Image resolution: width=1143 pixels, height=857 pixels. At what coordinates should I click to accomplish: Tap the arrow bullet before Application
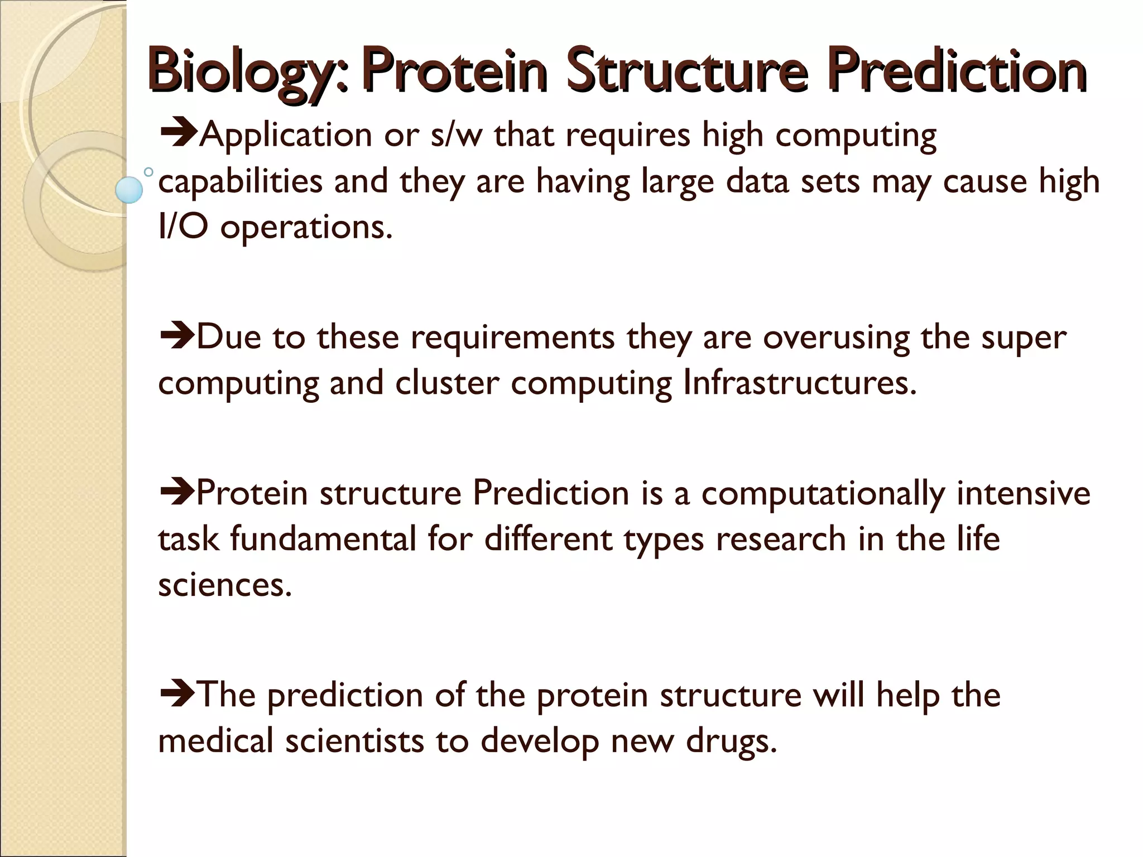[177, 134]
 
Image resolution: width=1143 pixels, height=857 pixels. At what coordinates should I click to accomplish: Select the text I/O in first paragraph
[183, 227]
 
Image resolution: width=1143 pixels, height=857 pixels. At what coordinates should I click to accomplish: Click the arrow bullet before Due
[176, 336]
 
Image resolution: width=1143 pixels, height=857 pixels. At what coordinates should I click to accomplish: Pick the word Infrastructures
[800, 383]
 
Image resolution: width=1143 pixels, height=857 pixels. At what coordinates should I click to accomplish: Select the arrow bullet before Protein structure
[176, 493]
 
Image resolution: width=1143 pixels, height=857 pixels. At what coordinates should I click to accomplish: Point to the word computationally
[823, 494]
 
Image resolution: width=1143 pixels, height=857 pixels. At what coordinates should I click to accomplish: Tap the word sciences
[224, 585]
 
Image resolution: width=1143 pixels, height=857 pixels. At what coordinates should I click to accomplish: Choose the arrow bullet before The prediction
[176, 695]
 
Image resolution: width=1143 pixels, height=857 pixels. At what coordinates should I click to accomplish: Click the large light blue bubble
[129, 190]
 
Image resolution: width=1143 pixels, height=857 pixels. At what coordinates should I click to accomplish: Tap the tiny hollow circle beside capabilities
[148, 172]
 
